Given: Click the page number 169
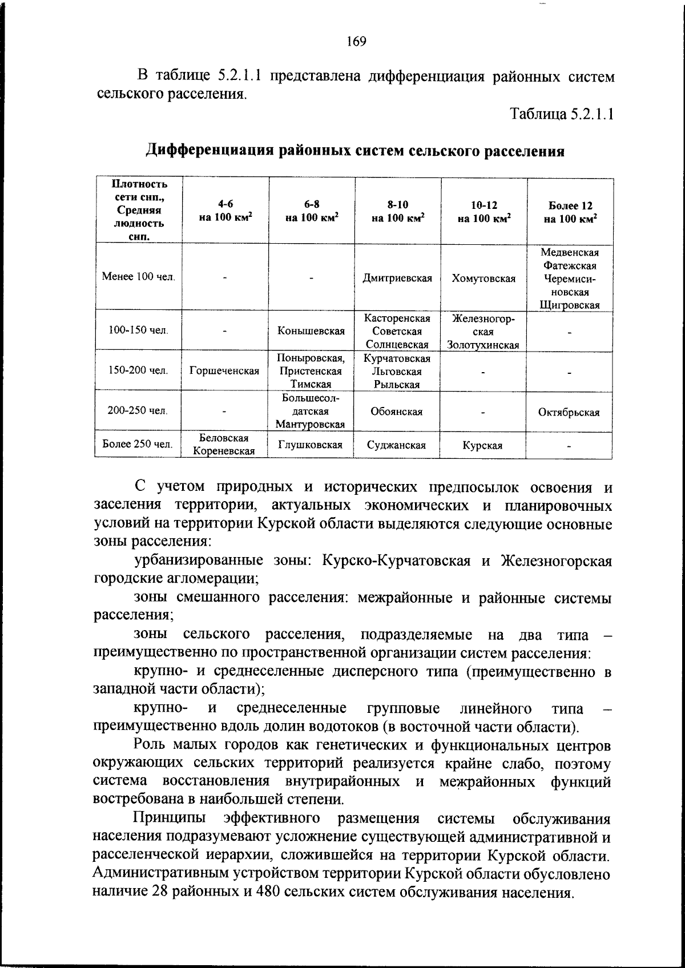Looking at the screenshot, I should [356, 41].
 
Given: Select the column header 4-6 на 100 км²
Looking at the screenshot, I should [225, 211].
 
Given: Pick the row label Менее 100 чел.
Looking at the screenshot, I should [138, 277].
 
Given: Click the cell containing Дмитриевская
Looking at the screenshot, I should [397, 278].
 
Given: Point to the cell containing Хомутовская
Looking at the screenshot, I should [483, 278].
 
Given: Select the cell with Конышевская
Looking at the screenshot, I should [311, 331].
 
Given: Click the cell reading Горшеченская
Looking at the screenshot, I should [224, 371].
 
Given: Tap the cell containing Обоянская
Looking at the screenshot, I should [397, 412].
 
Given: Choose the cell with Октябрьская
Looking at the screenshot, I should [569, 412].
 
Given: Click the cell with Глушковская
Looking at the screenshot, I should [311, 445].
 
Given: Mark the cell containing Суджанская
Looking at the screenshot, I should [397, 445].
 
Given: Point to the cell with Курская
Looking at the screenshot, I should [483, 445].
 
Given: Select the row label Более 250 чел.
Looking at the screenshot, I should [138, 444].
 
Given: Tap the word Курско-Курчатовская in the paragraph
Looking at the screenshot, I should [396, 560].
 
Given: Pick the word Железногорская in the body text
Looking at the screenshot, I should [556, 560].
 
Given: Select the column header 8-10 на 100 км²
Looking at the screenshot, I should [397, 211].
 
